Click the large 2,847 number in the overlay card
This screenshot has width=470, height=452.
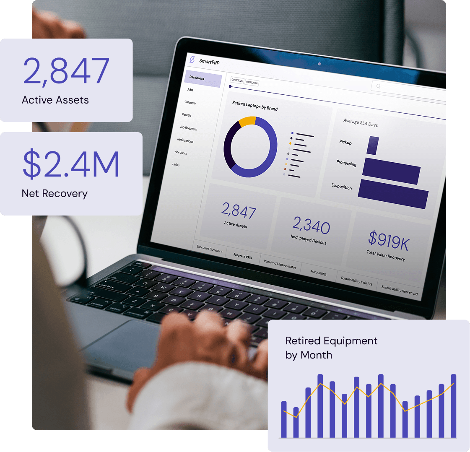pyautogui.click(x=66, y=71)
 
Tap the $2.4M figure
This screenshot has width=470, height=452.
pyautogui.click(x=71, y=164)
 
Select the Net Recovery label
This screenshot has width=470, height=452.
pyautogui.click(x=55, y=194)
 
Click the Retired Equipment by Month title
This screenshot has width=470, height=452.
pyautogui.click(x=331, y=348)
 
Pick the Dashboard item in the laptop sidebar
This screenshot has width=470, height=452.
pyautogui.click(x=197, y=78)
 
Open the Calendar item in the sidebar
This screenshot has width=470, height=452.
pyautogui.click(x=190, y=102)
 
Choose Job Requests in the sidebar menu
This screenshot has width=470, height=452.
pyautogui.click(x=188, y=128)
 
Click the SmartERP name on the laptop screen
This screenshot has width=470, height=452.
pyautogui.click(x=209, y=61)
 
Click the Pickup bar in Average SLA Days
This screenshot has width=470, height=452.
pyautogui.click(x=372, y=145)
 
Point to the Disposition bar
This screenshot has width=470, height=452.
pyautogui.click(x=393, y=193)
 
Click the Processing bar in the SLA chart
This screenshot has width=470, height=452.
pyautogui.click(x=391, y=171)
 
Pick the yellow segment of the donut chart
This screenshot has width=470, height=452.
pyautogui.click(x=247, y=121)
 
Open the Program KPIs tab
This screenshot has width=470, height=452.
pyautogui.click(x=243, y=256)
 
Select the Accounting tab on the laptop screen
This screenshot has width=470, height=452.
pyautogui.click(x=318, y=273)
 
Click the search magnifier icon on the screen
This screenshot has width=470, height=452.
pyautogui.click(x=378, y=86)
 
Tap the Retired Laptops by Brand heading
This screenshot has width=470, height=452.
pyautogui.click(x=255, y=105)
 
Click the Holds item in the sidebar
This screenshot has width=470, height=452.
pyautogui.click(x=176, y=165)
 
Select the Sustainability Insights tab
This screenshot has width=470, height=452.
pyautogui.click(x=356, y=281)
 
